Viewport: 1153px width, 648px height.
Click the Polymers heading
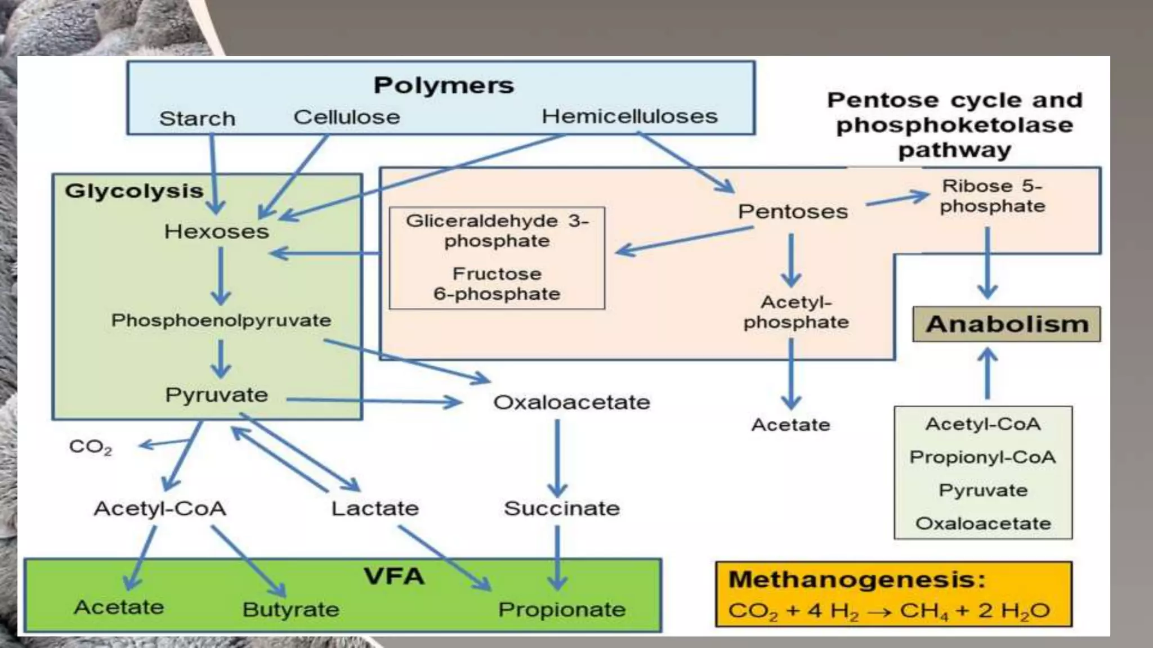[x=444, y=85]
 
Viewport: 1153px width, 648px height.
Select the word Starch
[x=197, y=119]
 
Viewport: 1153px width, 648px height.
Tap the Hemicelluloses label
[x=629, y=116]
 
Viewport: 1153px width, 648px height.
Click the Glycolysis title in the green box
[x=134, y=191]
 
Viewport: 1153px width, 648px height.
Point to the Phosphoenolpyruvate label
[x=221, y=320]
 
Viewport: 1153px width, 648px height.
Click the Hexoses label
[x=217, y=231]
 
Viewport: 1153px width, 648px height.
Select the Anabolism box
[x=1006, y=324]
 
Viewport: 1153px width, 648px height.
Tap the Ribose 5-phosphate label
[x=992, y=196]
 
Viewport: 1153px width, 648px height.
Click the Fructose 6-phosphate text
[x=497, y=283]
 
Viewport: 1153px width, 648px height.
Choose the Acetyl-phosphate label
[x=796, y=312]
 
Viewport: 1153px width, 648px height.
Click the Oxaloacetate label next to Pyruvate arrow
[x=571, y=402]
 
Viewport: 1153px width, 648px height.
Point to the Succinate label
[x=561, y=508]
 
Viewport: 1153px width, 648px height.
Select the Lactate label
[x=375, y=508]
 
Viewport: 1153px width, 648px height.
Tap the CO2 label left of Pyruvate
[x=90, y=447]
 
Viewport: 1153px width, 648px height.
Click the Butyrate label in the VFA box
[x=291, y=609]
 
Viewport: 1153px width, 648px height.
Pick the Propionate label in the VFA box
[x=561, y=609]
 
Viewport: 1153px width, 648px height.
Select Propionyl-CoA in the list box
[x=982, y=457]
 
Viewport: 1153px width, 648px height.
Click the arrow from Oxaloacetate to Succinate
[x=557, y=458]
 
